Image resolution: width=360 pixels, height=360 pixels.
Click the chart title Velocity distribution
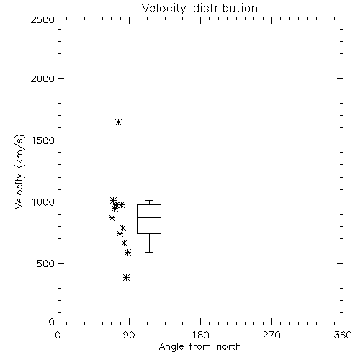(199, 9)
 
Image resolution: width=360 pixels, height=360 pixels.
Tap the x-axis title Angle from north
(199, 347)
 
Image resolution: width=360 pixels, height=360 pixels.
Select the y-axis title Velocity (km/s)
(20, 171)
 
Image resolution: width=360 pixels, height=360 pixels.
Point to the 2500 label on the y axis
(42, 19)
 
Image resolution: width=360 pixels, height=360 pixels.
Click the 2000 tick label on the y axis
(42, 78)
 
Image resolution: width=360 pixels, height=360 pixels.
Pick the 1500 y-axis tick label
(43, 140)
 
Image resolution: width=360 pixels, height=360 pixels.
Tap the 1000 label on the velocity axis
(43, 202)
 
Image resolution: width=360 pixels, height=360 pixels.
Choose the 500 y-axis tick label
(46, 264)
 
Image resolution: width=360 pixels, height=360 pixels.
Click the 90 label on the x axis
(129, 335)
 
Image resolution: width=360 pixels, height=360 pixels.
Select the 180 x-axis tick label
(200, 335)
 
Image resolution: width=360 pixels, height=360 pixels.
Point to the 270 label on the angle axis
(271, 335)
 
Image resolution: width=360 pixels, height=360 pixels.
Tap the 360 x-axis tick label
(343, 335)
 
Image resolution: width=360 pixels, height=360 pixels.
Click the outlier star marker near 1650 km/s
(118, 122)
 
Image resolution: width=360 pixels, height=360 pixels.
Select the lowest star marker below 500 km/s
(127, 278)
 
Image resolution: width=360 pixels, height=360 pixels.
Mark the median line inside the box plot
(149, 217)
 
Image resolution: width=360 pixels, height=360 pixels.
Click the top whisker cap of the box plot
(149, 200)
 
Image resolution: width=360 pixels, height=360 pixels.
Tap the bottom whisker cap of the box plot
(149, 252)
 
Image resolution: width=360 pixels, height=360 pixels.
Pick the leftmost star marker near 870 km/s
(112, 218)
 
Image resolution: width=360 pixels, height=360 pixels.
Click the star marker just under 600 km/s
(128, 252)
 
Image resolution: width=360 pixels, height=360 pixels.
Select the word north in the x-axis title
(229, 347)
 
